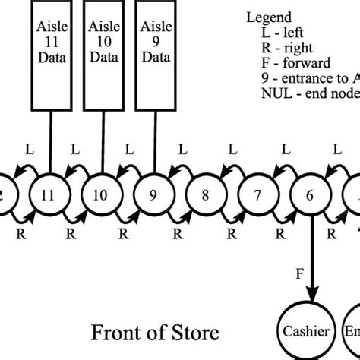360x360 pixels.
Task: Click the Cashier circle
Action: click(307, 331)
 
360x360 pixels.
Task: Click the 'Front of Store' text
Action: click(156, 333)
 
